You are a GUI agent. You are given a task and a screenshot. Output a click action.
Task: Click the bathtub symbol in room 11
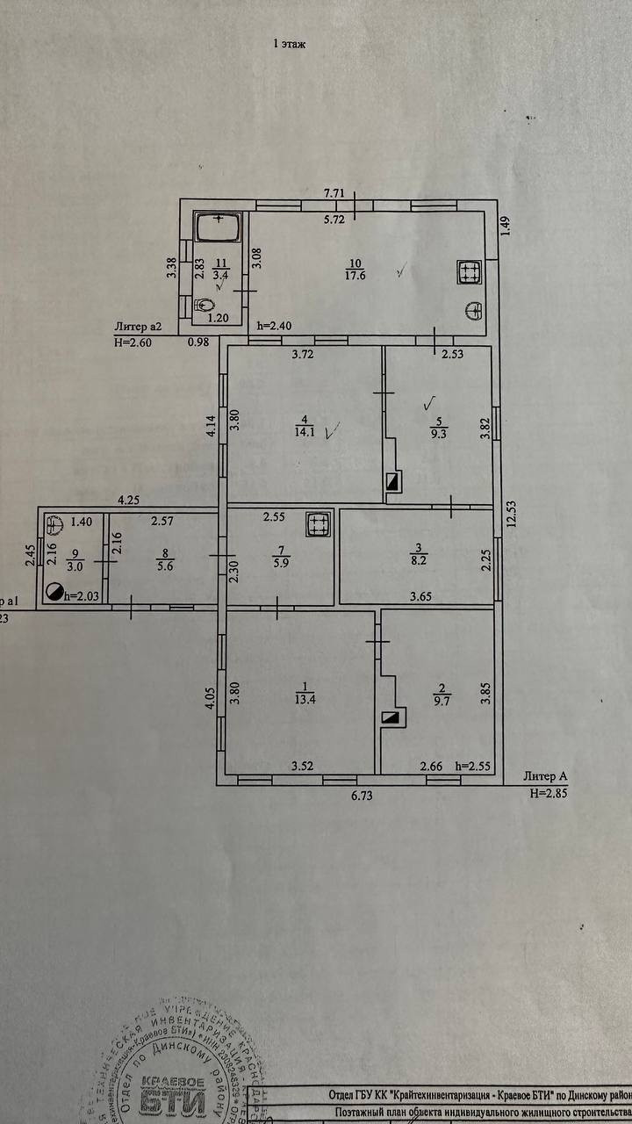217,229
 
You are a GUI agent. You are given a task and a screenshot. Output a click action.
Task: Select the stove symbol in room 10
469,273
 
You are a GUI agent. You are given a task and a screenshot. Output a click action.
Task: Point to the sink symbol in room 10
475,310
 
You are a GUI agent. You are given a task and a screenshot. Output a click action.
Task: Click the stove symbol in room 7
317,525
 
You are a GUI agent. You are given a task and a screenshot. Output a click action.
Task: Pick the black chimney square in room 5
391,481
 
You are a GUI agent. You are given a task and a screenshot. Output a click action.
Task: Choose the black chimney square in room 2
391,717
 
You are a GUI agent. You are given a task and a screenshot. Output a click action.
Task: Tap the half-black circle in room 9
56,593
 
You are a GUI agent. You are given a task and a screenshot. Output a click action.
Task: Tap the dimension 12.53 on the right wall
510,527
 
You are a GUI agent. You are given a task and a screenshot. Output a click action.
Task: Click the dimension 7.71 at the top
333,191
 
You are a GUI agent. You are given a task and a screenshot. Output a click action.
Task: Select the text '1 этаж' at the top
289,43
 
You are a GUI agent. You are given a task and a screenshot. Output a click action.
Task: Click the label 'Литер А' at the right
544,776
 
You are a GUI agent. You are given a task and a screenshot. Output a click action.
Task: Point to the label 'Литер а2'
138,327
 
